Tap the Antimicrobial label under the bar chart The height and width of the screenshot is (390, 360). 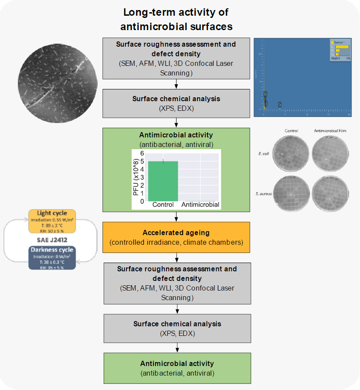click(200, 205)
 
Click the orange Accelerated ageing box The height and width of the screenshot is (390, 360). click(176, 237)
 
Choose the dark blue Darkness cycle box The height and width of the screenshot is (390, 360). click(53, 258)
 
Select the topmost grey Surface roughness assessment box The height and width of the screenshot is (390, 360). click(176, 58)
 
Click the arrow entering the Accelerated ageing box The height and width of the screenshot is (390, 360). click(176, 216)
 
